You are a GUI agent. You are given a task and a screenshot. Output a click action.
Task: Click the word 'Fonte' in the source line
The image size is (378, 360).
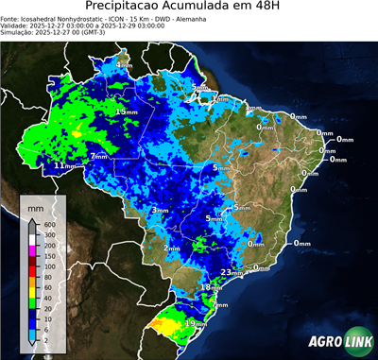coord(11,19)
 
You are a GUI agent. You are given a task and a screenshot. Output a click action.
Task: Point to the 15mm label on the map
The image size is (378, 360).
coord(123,111)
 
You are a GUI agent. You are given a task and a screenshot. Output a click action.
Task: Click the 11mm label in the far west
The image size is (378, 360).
coord(63,165)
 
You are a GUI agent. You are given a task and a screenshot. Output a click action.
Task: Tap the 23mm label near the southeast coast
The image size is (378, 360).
coord(228,272)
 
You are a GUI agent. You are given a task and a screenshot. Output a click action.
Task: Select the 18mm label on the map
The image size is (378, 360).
coord(211,287)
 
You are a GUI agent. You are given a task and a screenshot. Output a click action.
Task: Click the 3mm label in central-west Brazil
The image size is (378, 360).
coord(160,210)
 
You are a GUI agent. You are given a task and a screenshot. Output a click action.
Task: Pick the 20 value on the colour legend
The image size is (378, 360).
coord(48,299)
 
